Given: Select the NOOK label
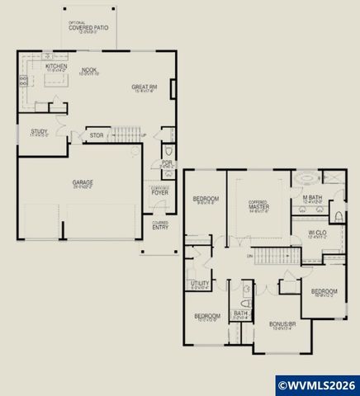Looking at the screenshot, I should point(88,71).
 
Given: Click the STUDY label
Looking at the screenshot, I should point(39,131).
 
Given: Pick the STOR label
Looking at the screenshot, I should point(97,135).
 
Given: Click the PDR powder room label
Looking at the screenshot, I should point(166,163).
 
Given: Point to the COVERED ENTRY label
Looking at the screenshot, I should point(159,224).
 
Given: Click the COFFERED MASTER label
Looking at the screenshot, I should point(260,205).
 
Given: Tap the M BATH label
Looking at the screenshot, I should point(311,197).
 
